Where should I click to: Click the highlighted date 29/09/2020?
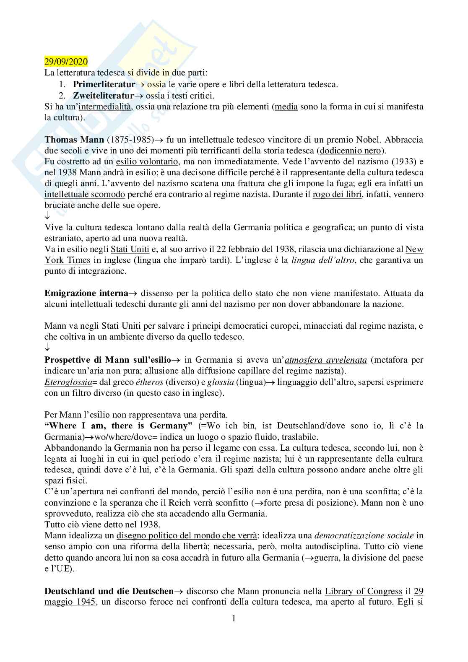pyautogui.click(x=66, y=62)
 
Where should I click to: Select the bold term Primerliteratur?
pyautogui.click(x=104, y=84)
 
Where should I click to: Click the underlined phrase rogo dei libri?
pyautogui.click(x=337, y=194)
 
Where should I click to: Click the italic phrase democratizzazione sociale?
pyautogui.click(x=364, y=535)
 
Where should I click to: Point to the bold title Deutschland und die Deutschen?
pyautogui.click(x=109, y=591)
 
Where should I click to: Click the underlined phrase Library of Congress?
pyautogui.click(x=364, y=591)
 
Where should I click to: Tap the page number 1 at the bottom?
pyautogui.click(x=234, y=618)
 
